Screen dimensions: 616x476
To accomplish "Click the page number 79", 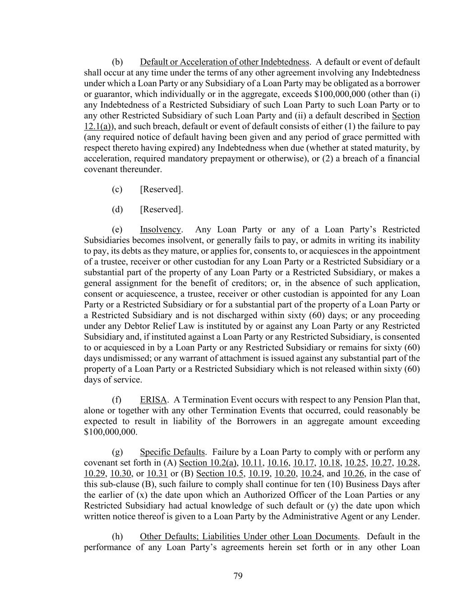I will pos(238,576).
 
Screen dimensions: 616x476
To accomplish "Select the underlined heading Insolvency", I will pos(160,229).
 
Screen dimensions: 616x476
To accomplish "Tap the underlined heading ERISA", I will pos(153,400).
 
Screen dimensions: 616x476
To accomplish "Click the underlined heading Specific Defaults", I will pos(172,452).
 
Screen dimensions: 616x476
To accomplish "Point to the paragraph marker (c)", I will pos(117,190).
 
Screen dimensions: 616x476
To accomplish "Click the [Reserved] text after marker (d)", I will pos(162,209).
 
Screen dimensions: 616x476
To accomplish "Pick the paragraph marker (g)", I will pos(117,452).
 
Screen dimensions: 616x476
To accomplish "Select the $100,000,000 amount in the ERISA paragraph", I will pos(110,432).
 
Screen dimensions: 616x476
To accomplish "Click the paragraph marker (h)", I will pos(117,537).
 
